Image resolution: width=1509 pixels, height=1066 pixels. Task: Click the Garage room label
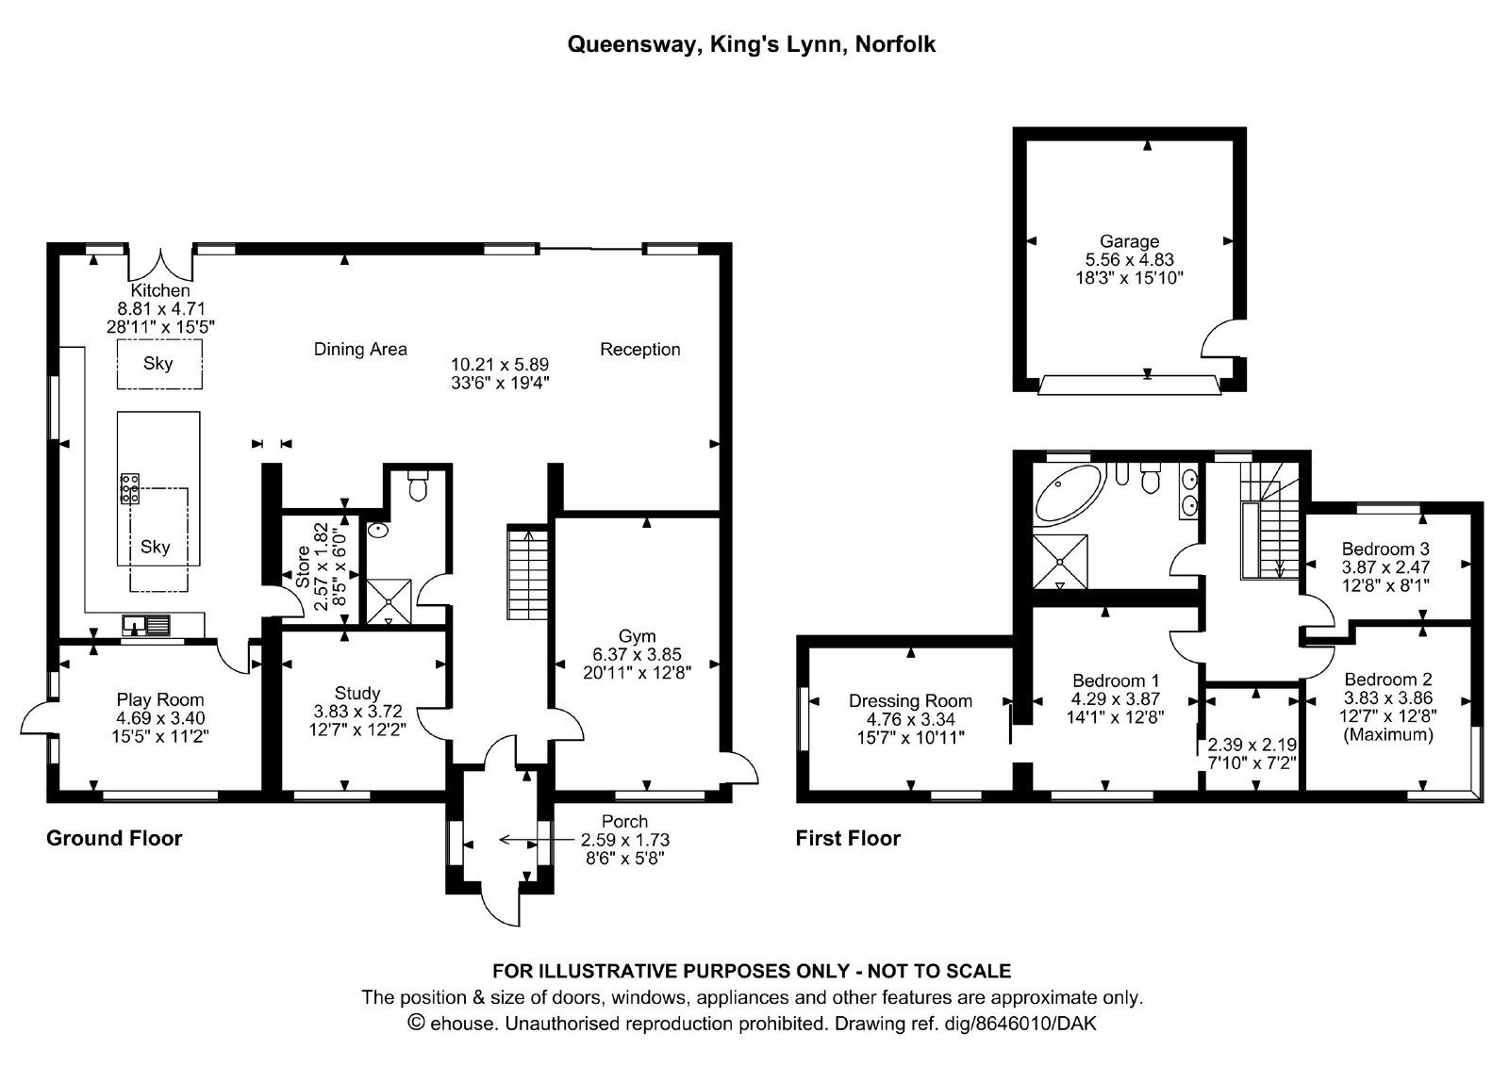(1130, 241)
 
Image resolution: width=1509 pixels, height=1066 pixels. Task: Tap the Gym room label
(638, 635)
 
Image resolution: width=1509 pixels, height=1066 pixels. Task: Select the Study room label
(357, 693)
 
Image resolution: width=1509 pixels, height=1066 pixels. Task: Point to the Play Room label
(160, 699)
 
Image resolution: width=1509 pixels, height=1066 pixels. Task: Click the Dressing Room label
(911, 701)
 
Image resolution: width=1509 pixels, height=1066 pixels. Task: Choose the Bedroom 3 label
(1385, 549)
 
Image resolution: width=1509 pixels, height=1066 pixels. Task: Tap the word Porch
(625, 822)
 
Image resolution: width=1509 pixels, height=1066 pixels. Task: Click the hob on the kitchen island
(130, 488)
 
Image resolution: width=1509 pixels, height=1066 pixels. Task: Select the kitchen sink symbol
(146, 625)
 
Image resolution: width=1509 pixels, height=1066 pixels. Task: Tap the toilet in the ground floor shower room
(418, 484)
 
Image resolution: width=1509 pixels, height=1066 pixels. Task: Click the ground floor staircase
(527, 572)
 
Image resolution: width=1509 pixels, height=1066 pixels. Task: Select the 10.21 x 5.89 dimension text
(500, 365)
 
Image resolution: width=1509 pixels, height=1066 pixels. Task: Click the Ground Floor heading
(114, 839)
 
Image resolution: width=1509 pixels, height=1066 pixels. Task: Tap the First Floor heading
(848, 839)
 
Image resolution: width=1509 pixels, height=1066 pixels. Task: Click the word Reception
(640, 350)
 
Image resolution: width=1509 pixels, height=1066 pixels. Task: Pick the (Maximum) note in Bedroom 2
(1388, 734)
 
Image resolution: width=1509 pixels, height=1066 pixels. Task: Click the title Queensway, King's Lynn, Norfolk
(751, 44)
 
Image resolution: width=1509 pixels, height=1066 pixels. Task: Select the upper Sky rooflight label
(158, 364)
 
